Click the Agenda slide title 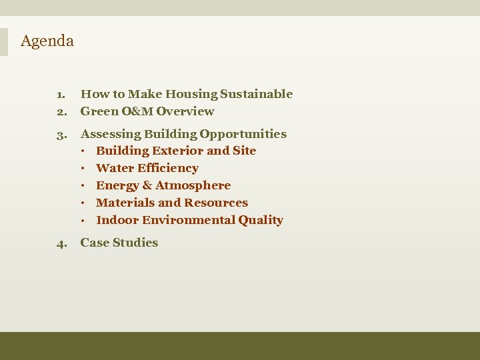(x=47, y=41)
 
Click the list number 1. (x=60, y=95)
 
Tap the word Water (x=114, y=168)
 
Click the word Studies (x=137, y=243)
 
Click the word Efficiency (x=167, y=168)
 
